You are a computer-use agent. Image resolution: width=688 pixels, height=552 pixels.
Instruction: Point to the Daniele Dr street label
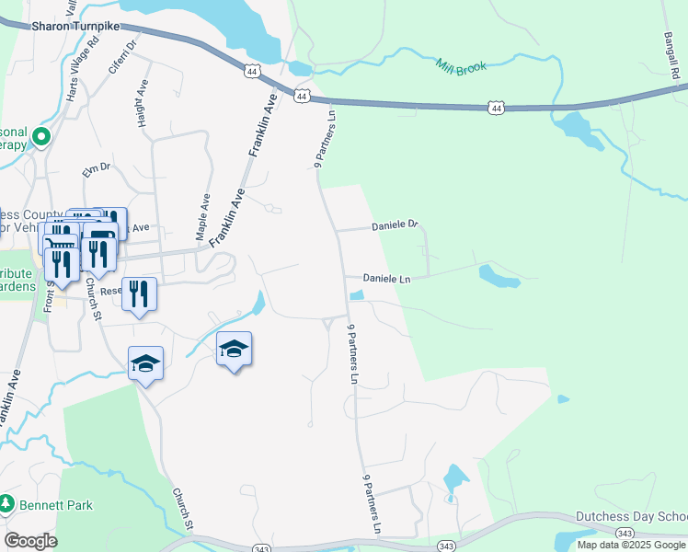(x=395, y=224)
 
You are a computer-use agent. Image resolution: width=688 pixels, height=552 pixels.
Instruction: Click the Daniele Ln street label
(x=385, y=278)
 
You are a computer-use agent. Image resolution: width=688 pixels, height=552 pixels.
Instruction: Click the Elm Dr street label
(x=96, y=168)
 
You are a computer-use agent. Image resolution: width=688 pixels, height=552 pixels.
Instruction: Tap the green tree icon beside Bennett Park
(x=6, y=504)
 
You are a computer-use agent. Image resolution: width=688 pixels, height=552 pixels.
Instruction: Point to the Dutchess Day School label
(x=632, y=516)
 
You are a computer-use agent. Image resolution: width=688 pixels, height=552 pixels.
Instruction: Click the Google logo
(x=30, y=541)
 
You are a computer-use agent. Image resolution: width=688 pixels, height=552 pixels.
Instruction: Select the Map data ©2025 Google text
(x=631, y=545)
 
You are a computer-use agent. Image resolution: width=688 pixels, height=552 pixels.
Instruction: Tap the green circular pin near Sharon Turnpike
(x=40, y=139)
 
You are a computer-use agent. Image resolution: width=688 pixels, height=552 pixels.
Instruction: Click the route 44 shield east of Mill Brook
(x=497, y=109)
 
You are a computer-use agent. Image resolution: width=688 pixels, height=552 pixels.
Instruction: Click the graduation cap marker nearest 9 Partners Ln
(x=235, y=349)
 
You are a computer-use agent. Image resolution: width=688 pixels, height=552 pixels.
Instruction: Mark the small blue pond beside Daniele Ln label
(x=357, y=295)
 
